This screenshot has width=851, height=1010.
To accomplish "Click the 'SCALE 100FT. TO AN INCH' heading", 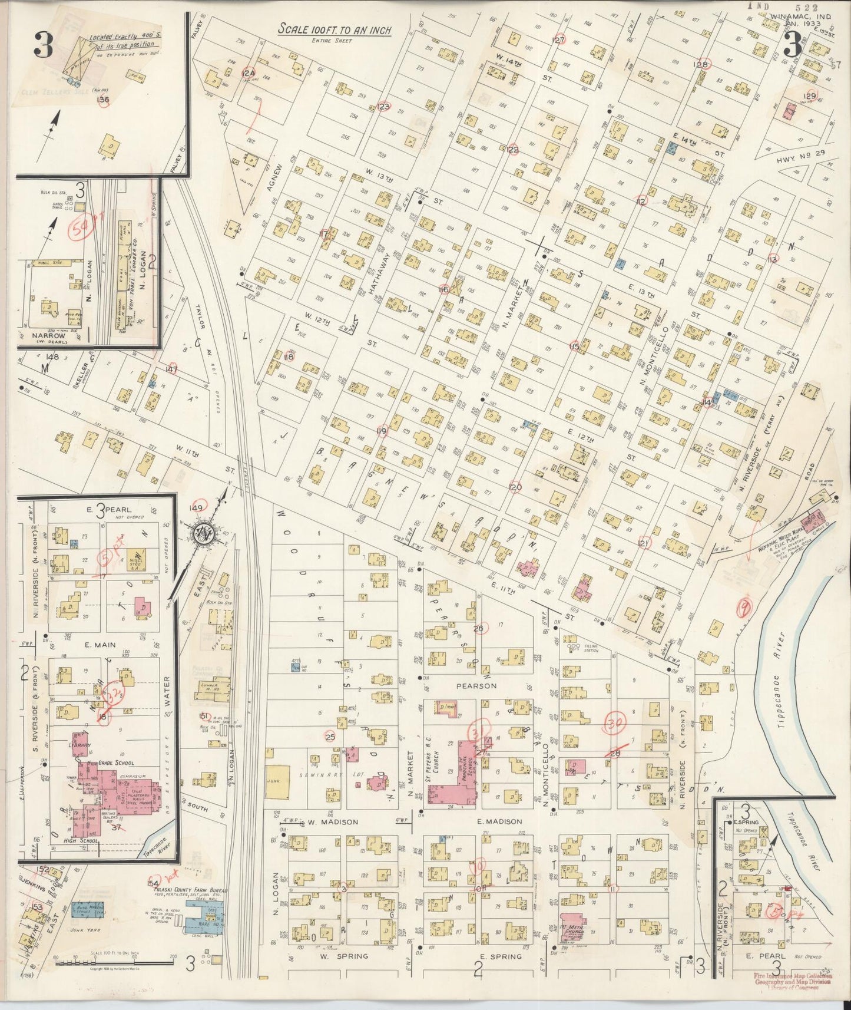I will pyautogui.click(x=335, y=30).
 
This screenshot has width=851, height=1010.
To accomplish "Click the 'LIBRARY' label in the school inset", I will pyautogui.click(x=81, y=745).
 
